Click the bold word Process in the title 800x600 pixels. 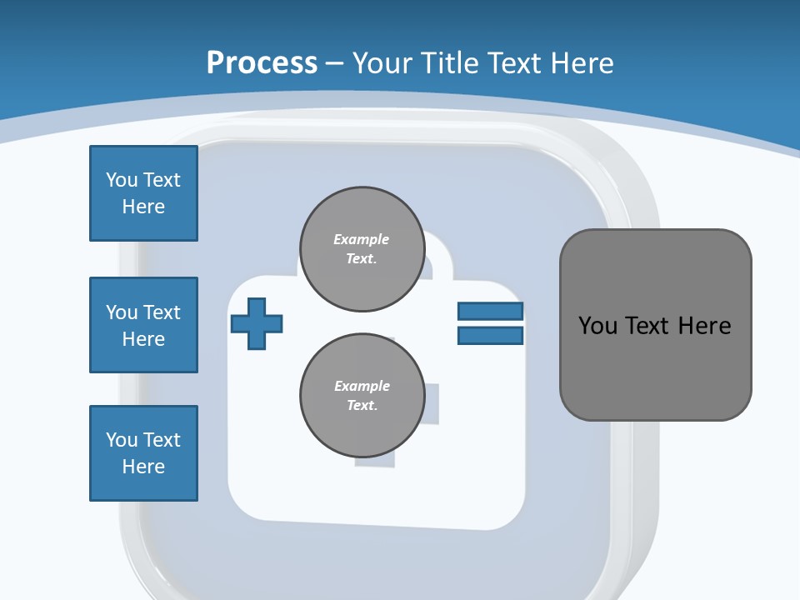point(262,62)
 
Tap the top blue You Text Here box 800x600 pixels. point(143,193)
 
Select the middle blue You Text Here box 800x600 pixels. point(143,325)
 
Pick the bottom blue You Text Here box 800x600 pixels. point(143,453)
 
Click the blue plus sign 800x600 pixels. point(256,322)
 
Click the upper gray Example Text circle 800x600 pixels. point(362,249)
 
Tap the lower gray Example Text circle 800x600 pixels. point(362,396)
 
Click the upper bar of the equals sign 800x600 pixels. point(490,311)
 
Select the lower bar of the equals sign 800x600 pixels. point(490,335)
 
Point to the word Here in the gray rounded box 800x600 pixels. point(704,325)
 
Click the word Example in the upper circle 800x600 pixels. point(362,239)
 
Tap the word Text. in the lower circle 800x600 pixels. point(362,406)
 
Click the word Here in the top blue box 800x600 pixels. point(143,207)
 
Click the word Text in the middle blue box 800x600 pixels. point(161,312)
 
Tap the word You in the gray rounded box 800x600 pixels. point(597,325)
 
